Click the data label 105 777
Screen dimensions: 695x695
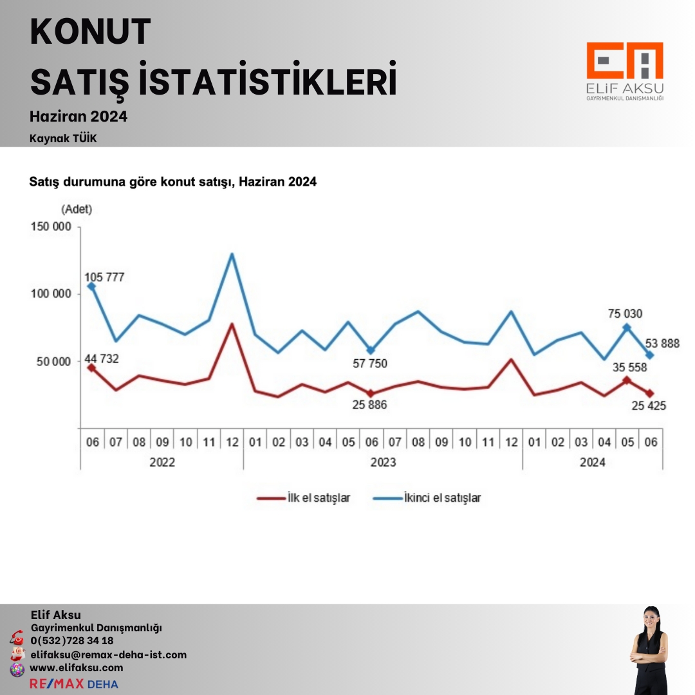pos(104,277)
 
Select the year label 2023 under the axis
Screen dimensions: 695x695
pos(383,462)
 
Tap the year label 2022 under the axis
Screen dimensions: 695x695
pos(162,462)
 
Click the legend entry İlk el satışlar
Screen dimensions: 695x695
pos(304,497)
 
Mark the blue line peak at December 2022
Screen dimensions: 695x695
pos(232,254)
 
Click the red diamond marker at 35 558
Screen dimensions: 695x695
pos(626,380)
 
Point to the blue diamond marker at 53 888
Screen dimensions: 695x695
pos(650,355)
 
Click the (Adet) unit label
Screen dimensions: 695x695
pos(77,209)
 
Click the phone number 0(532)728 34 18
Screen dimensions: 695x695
pos(72,640)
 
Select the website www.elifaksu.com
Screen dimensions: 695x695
pos(77,668)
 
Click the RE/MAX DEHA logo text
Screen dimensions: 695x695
pos(74,683)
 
